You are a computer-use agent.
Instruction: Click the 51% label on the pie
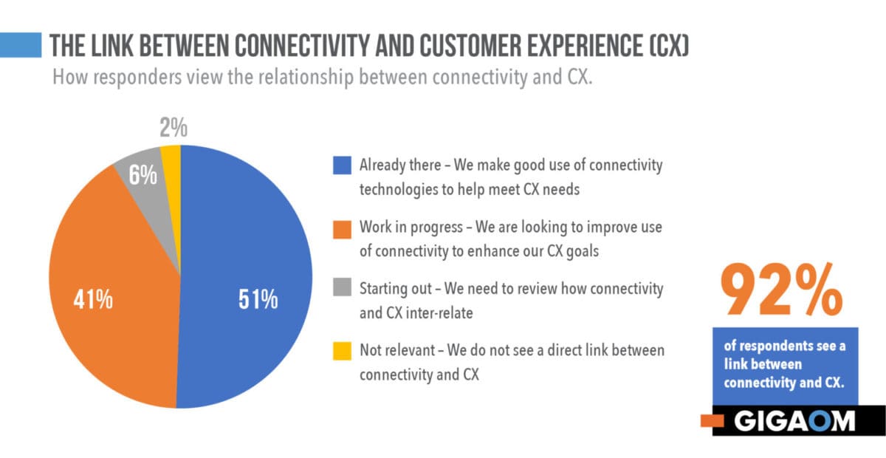pyautogui.click(x=258, y=299)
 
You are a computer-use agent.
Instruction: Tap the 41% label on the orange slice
pyautogui.click(x=93, y=299)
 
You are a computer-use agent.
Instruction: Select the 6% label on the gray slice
pyautogui.click(x=142, y=175)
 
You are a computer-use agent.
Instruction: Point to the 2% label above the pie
pyautogui.click(x=174, y=128)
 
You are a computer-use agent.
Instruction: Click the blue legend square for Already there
pyautogui.click(x=342, y=165)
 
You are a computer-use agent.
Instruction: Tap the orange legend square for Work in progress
pyautogui.click(x=342, y=230)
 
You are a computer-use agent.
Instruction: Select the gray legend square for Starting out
pyautogui.click(x=342, y=287)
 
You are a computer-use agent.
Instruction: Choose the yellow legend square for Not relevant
pyautogui.click(x=342, y=351)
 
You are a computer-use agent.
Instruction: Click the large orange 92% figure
pyautogui.click(x=782, y=290)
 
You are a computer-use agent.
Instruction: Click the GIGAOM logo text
pyautogui.click(x=794, y=421)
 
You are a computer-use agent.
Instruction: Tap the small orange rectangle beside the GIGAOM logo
pyautogui.click(x=712, y=420)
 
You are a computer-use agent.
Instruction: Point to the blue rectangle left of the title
pyautogui.click(x=21, y=45)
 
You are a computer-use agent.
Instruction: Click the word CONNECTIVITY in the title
pyautogui.click(x=302, y=46)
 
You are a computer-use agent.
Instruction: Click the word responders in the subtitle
pyautogui.click(x=137, y=77)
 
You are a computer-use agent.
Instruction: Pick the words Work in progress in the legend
pyautogui.click(x=411, y=228)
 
